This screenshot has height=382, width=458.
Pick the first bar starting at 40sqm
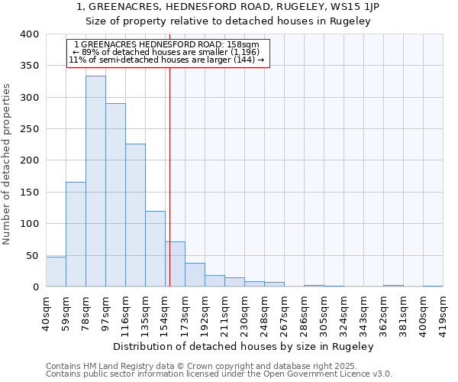56,272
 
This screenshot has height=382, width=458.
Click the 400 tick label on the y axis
29,34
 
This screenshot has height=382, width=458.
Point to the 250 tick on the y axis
29,129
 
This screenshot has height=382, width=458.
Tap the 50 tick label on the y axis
32,255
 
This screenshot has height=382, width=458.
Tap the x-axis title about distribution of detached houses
248,346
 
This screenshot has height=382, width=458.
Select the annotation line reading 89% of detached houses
168,52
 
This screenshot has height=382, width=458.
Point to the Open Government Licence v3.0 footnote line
219,374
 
